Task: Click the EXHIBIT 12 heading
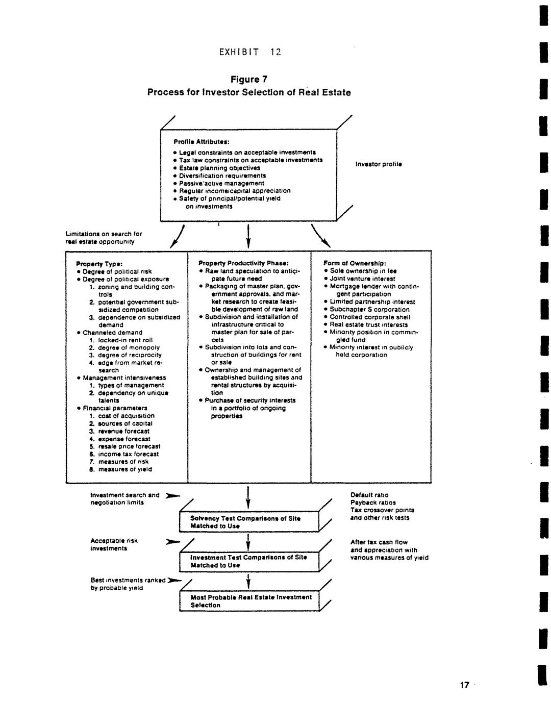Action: (x=250, y=52)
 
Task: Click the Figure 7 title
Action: (x=249, y=80)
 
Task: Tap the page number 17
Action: (x=464, y=685)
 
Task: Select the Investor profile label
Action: (x=379, y=164)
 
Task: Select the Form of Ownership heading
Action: (x=351, y=263)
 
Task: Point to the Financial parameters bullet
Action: (x=115, y=408)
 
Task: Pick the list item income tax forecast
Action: (x=128, y=454)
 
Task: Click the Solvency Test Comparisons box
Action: (x=249, y=522)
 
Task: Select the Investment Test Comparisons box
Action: (x=249, y=561)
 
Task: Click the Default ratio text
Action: (x=369, y=495)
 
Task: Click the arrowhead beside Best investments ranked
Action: (x=174, y=581)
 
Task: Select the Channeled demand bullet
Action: (x=112, y=332)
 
